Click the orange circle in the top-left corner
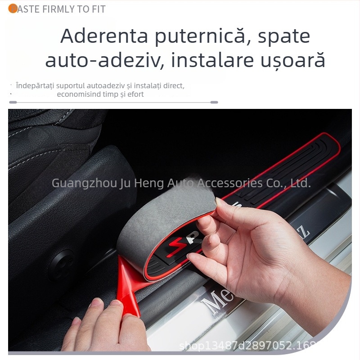coord(13,9)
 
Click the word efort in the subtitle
coord(134,94)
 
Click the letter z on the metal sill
coord(305,234)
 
